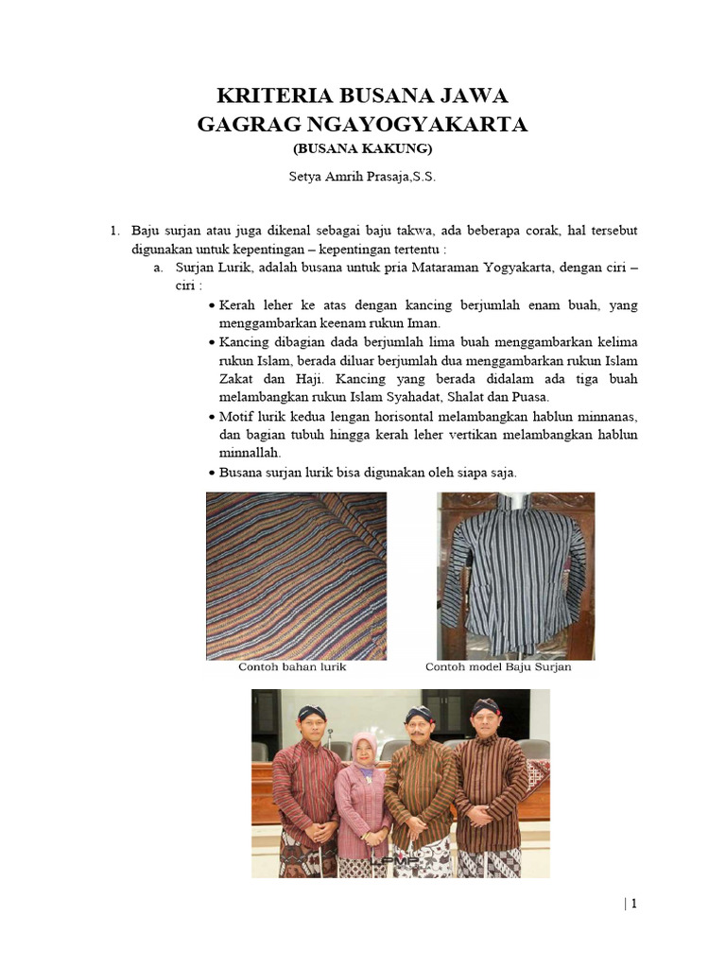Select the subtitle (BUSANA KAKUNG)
[x=362, y=149]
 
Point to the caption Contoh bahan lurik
[x=292, y=667]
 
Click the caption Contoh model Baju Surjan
[x=498, y=667]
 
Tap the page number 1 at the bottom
[x=634, y=904]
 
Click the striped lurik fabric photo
[x=296, y=575]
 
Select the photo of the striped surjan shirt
[x=515, y=575]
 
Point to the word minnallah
[x=244, y=453]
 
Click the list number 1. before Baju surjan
[x=114, y=231]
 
